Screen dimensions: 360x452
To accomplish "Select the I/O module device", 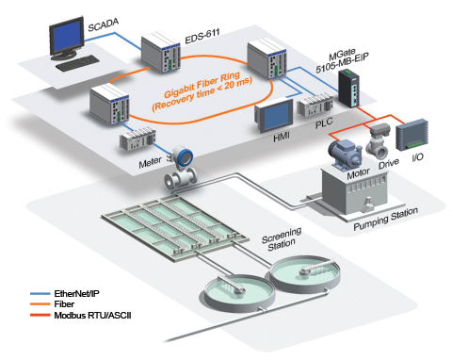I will click(414, 136).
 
